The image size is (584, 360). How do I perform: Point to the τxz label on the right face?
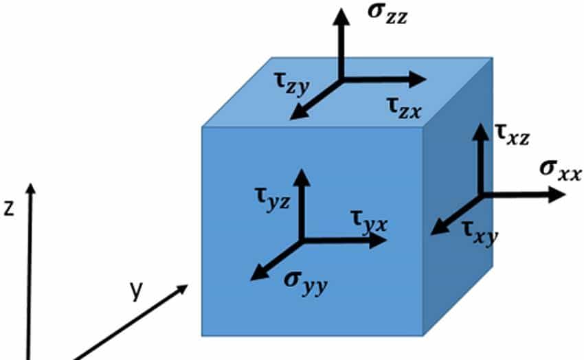(x=512, y=134)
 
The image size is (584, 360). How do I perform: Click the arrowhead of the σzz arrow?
(x=340, y=16)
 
